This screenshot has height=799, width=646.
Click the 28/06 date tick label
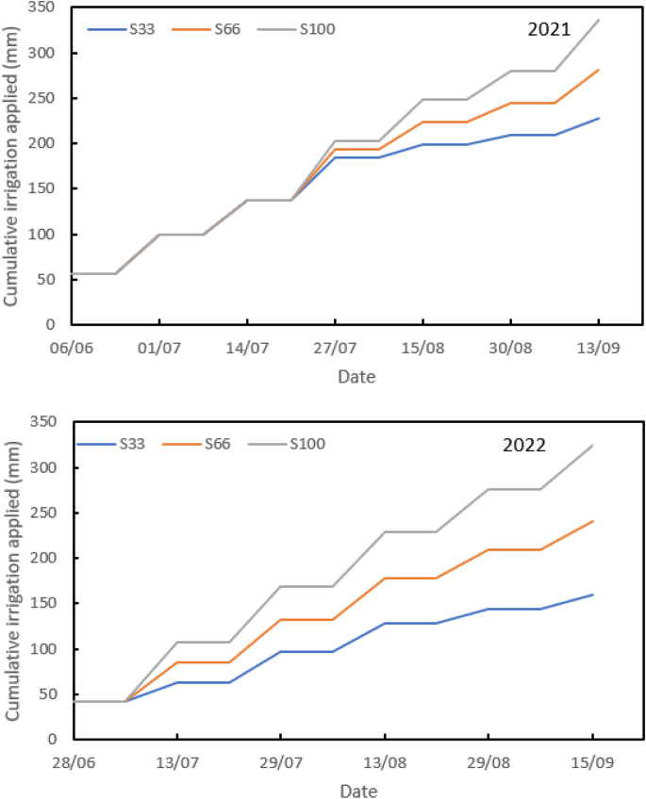73,762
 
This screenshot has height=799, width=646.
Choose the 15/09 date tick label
592,762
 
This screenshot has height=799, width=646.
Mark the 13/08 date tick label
384,762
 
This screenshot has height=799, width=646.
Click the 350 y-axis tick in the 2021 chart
42,8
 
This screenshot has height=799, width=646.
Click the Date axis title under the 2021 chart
356,377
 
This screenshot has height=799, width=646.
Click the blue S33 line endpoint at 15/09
592,595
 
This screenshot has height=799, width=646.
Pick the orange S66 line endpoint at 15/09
592,521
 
